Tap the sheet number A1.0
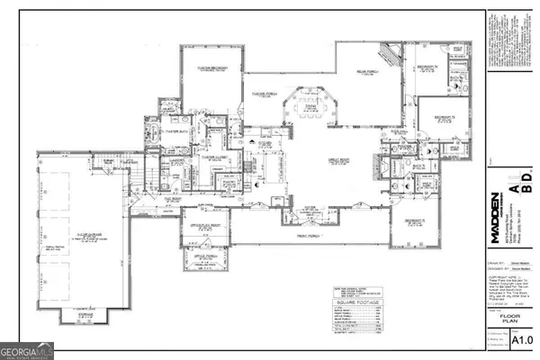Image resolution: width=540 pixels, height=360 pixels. (522, 339)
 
